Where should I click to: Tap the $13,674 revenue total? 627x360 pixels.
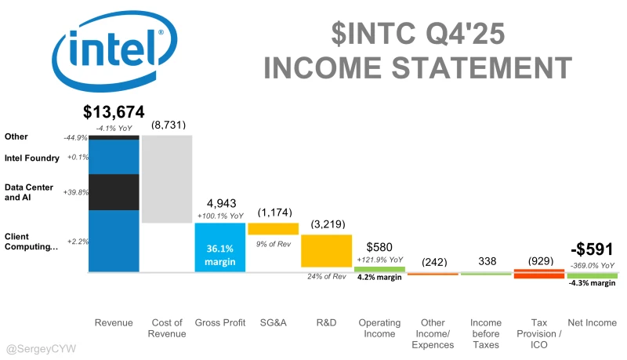tap(114, 113)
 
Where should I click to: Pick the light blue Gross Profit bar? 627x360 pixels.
tap(220, 247)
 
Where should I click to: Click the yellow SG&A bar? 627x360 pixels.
tap(274, 229)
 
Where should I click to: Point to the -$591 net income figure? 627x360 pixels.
tap(592, 249)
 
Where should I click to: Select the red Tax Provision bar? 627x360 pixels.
tap(538, 274)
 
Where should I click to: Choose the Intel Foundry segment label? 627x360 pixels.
tap(31, 158)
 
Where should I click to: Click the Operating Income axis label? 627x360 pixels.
tap(379, 328)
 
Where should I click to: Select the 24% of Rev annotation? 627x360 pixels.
tap(326, 276)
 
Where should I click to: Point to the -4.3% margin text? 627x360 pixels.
tap(592, 284)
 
